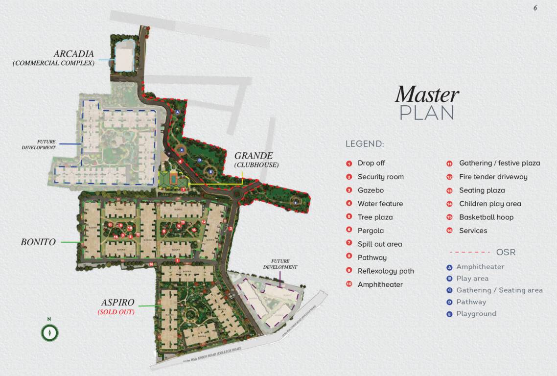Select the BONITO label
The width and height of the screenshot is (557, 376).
38,242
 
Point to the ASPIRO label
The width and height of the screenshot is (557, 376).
117,303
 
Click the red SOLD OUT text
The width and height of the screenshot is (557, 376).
116,312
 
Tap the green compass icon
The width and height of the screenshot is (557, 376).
49,332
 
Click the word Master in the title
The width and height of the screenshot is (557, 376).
427,94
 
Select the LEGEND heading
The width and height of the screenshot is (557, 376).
365,144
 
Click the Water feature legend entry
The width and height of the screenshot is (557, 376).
380,204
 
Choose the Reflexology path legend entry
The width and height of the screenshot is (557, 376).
385,271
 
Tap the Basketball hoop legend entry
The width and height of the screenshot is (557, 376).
486,217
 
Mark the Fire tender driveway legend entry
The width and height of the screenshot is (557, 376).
493,177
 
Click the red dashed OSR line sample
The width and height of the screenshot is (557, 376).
470,252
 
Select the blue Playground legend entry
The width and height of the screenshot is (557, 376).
476,314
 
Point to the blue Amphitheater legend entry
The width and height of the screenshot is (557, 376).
480,267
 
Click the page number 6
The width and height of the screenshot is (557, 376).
535,8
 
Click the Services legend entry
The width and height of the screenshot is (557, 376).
473,231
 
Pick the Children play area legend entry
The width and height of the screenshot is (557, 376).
489,204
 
